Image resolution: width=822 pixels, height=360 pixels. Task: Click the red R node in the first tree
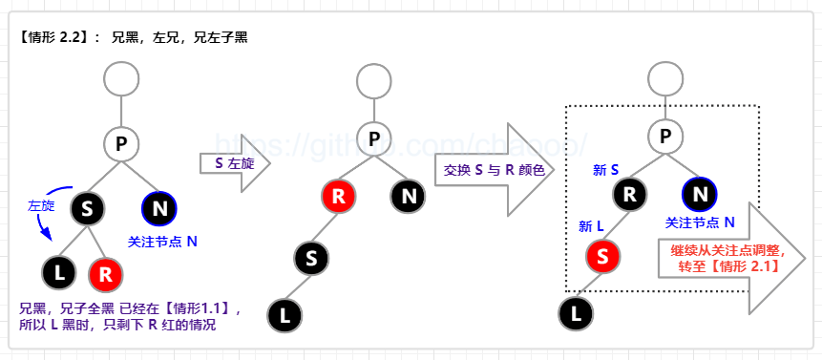tap(106, 274)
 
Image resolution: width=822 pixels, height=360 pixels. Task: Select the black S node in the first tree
tap(87, 210)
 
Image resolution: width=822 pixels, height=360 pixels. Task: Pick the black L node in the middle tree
tap(284, 312)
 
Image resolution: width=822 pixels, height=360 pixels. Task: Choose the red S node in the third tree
tap(603, 256)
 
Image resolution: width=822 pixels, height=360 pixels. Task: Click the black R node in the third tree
tap(630, 196)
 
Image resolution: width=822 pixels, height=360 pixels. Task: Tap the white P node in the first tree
tap(121, 144)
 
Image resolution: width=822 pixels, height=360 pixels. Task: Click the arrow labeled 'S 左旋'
tap(233, 163)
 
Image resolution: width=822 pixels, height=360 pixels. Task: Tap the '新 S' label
tap(606, 170)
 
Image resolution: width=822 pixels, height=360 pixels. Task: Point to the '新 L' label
tap(592, 226)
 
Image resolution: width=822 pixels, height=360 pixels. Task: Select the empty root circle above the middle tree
tap(375, 78)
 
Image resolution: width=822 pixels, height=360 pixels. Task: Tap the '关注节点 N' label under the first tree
tap(162, 242)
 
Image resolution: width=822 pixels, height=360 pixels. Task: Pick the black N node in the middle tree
tap(409, 197)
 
